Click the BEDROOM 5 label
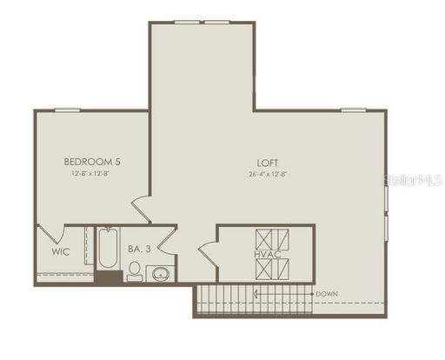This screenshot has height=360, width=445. [92, 161]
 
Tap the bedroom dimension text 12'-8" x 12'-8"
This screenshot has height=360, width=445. [92, 172]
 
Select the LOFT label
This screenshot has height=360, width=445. [267, 162]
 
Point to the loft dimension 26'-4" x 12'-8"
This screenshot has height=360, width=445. [267, 173]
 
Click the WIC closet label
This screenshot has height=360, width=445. [60, 252]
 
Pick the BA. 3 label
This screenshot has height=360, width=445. [140, 250]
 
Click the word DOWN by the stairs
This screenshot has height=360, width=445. [327, 294]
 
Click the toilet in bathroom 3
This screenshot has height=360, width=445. [135, 272]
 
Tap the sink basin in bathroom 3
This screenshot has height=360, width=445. [160, 275]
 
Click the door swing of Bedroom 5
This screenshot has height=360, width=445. [142, 209]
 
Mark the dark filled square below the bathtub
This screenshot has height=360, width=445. [108, 277]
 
